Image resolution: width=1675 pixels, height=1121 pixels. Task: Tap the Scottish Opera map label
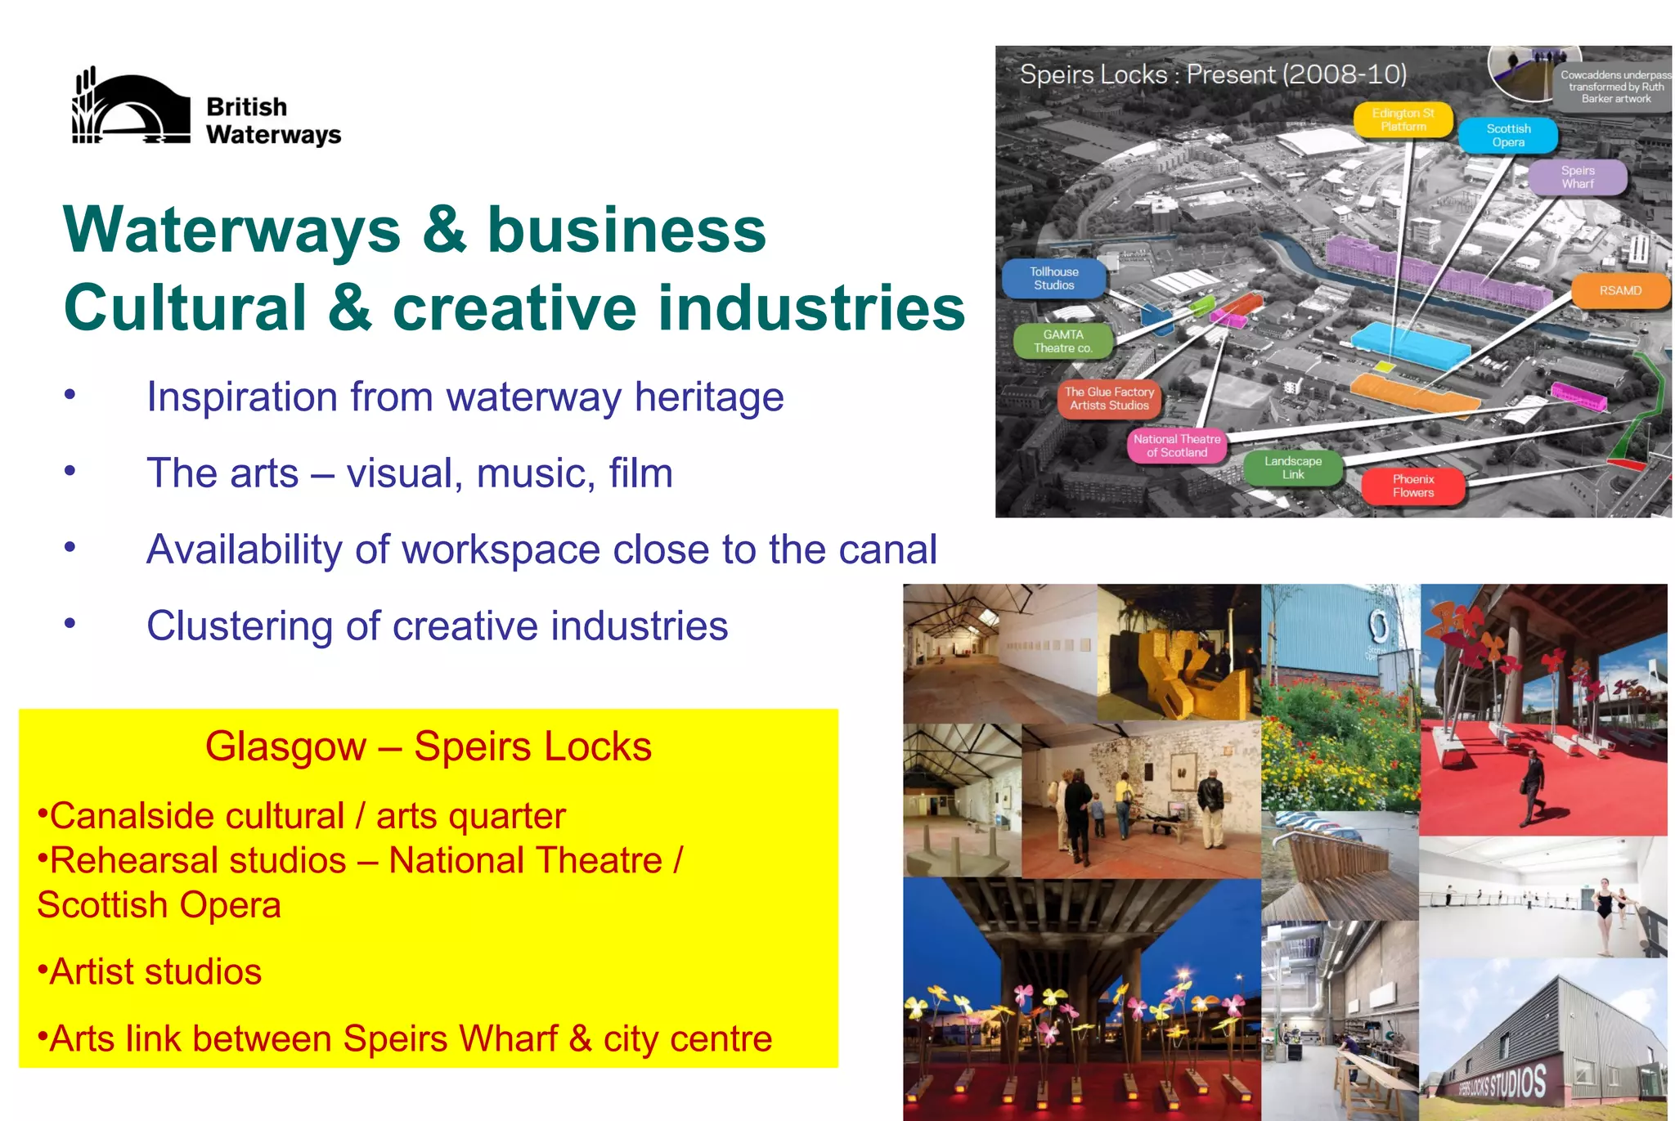(x=1508, y=136)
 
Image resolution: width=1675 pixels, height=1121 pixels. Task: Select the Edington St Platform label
(x=1403, y=120)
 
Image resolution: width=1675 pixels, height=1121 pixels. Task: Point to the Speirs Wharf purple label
(x=1577, y=177)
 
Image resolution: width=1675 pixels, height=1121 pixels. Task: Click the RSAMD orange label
(x=1620, y=291)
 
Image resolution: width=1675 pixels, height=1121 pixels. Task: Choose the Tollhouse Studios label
(x=1054, y=279)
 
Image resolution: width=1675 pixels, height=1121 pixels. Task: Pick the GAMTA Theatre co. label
(x=1063, y=342)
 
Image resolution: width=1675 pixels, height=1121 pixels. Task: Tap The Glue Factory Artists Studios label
(x=1109, y=399)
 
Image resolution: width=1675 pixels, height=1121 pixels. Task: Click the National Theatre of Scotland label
(x=1177, y=446)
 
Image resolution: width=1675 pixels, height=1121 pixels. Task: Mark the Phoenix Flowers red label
(x=1413, y=487)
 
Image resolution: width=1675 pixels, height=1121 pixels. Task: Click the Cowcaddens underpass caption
(x=1615, y=87)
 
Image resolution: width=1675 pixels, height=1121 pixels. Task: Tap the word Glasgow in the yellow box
(x=285, y=747)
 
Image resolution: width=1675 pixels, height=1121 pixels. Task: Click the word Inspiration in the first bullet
(x=241, y=398)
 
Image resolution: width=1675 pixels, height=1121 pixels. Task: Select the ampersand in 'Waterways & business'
(x=444, y=230)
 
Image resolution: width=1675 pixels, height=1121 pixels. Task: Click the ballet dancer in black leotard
(x=1604, y=915)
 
